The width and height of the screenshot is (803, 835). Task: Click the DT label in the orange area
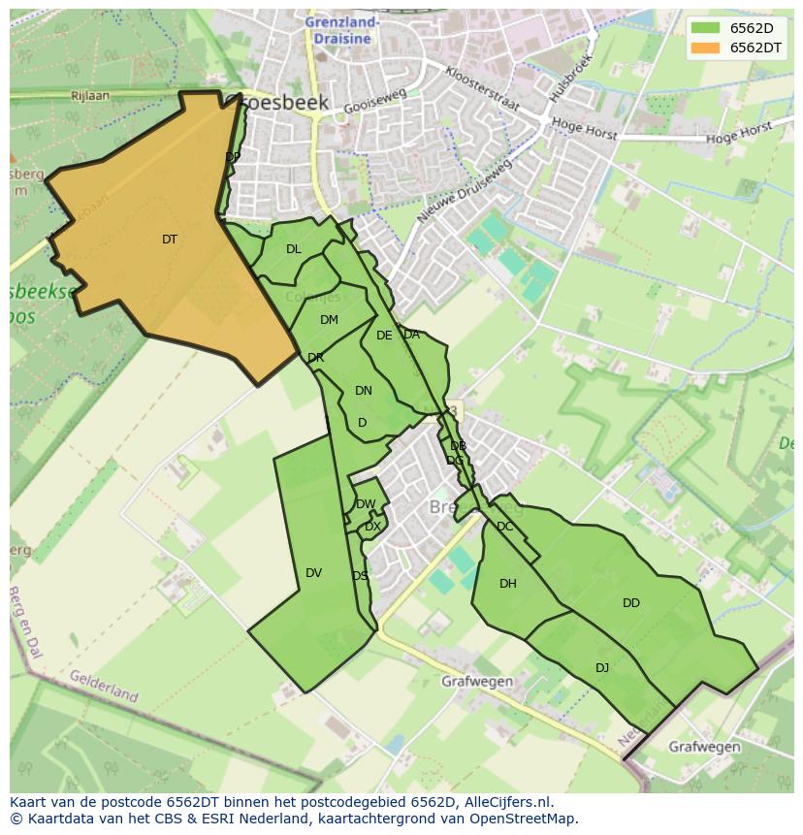[x=170, y=240]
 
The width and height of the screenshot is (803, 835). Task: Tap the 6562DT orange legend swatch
[x=706, y=48]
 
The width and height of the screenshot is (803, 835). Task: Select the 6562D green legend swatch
[x=706, y=28]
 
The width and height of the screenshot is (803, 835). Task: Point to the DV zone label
[x=313, y=573]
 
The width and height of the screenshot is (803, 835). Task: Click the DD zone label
[x=631, y=603]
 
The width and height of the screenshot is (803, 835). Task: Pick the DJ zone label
[x=602, y=667]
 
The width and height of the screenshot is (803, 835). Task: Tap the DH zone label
[x=508, y=584]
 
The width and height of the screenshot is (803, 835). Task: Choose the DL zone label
[x=294, y=249]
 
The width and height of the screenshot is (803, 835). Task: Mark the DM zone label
[x=329, y=320]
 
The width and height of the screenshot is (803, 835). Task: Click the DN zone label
[x=364, y=391]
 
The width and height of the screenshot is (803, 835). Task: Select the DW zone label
[x=366, y=504]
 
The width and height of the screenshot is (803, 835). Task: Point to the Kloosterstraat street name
[x=482, y=88]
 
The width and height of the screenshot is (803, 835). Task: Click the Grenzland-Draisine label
[x=342, y=30]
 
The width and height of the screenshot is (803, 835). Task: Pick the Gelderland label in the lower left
[x=104, y=685]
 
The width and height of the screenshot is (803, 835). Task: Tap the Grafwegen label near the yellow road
[x=477, y=681]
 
